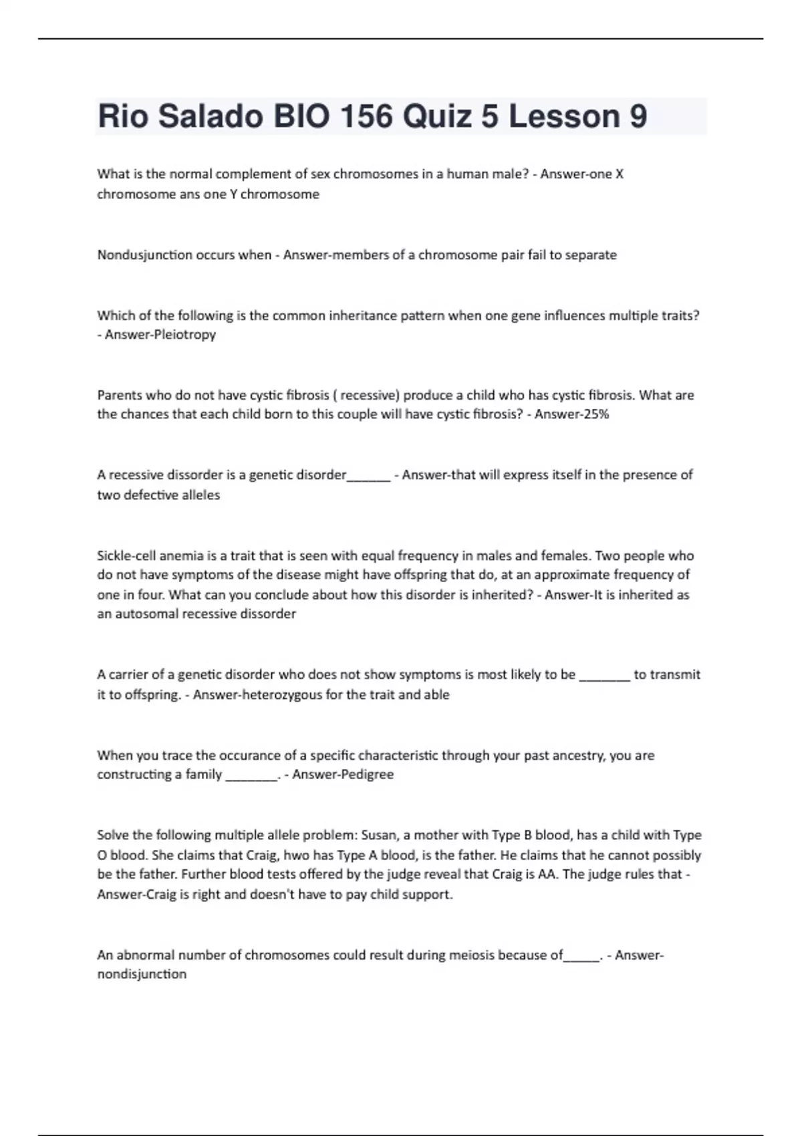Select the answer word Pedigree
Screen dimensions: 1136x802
click(x=367, y=774)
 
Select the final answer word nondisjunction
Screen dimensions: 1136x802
click(x=142, y=974)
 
